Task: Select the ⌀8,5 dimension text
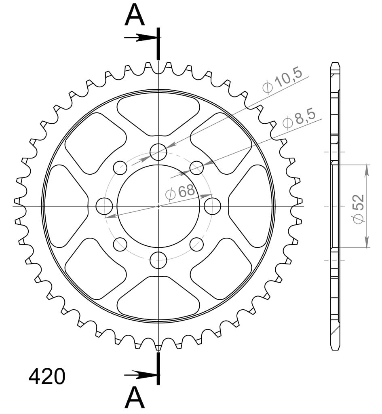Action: [x=299, y=120]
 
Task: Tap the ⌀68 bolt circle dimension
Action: [x=180, y=192]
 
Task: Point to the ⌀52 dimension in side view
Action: [x=359, y=209]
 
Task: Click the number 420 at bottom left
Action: [x=47, y=376]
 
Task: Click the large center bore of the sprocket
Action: [x=158, y=206]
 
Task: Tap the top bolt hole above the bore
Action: [x=158, y=152]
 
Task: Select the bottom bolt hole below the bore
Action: [x=158, y=260]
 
